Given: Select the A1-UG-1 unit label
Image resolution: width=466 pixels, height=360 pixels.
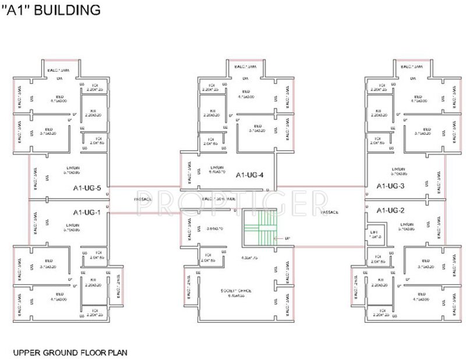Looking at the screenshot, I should pos(87,212).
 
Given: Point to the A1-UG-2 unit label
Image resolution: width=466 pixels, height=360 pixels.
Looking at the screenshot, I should pos(390,210).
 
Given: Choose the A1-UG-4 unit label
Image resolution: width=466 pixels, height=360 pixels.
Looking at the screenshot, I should pos(250,174).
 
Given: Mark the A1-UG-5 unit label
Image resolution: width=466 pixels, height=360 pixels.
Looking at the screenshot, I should pos(87,188).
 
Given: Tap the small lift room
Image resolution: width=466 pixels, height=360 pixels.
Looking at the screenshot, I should pos(375,234).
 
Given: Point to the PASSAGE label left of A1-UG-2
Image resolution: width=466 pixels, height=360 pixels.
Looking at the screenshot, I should pos(330,212).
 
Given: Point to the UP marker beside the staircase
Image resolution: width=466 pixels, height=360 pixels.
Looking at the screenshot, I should pos(287,238).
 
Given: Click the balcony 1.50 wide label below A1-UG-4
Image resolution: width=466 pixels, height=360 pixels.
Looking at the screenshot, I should pos(220,199).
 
